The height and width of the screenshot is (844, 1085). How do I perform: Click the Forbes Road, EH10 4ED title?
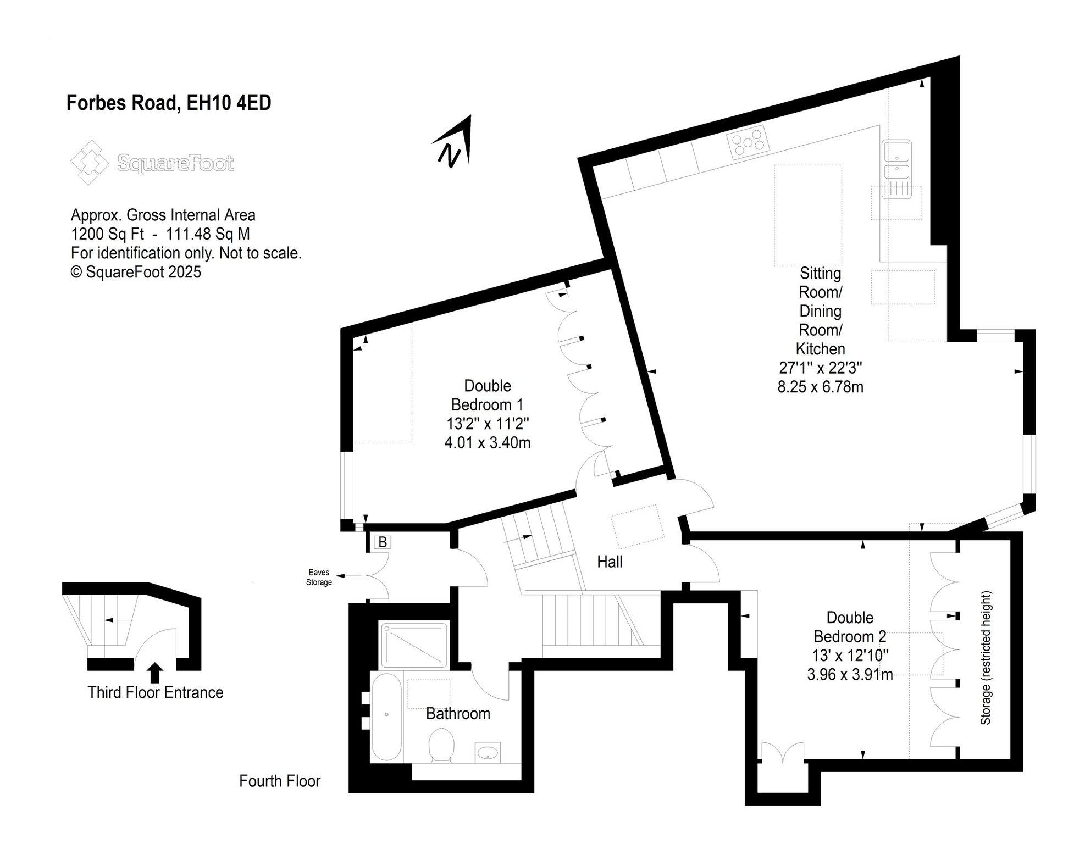pos(169,103)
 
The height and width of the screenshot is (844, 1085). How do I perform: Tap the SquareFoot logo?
pos(153,163)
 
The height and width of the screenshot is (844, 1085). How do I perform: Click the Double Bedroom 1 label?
pos(488,395)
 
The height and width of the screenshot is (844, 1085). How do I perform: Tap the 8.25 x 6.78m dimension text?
pos(820,387)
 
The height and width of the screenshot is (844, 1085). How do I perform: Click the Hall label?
pos(610,562)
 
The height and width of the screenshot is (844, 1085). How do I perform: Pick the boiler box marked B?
pos(383,542)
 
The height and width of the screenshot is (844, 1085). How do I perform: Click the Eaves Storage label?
pos(319,578)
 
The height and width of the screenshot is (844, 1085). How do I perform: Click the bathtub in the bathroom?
pos(387,717)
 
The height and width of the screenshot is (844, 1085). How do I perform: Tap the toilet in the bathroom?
pos(441,745)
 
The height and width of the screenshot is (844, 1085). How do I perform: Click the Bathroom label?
pos(458,714)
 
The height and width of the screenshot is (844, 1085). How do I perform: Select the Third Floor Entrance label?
pos(156,692)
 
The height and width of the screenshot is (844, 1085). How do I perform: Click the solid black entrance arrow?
pos(156,673)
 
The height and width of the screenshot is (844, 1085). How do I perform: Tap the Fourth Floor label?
pos(280,781)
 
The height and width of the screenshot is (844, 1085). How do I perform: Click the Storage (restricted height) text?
pos(986,658)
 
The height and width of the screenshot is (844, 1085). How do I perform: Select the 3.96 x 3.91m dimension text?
pos(850,674)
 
